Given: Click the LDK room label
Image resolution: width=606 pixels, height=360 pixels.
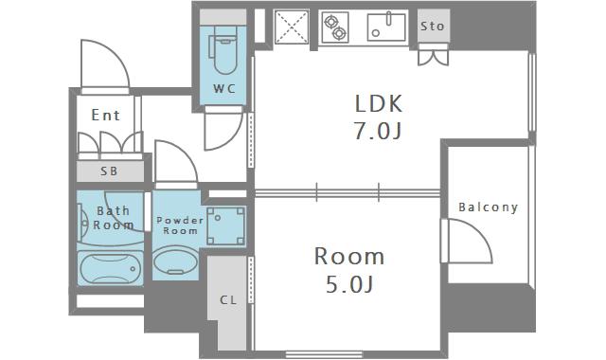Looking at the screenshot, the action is click(x=379, y=103).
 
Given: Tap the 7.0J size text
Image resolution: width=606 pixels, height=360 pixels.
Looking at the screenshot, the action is click(x=378, y=131).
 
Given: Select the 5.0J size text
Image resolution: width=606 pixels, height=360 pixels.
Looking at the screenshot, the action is click(x=349, y=284).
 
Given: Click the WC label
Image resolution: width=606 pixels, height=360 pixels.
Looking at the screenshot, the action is click(x=224, y=88).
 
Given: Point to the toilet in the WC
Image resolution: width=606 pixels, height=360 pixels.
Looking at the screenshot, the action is click(x=223, y=51).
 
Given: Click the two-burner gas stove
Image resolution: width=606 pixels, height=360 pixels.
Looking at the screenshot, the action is click(x=335, y=27).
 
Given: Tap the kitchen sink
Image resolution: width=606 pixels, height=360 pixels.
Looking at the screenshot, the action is click(x=386, y=27).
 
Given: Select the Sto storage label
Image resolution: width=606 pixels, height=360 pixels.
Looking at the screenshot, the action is click(x=433, y=27).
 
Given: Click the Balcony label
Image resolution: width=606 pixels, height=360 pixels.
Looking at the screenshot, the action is click(x=489, y=207).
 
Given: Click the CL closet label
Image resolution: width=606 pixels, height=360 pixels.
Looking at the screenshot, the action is click(x=228, y=299).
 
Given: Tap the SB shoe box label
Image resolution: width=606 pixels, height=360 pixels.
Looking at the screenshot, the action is click(x=109, y=171).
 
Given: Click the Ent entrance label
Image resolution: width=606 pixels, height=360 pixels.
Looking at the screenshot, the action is click(x=105, y=115).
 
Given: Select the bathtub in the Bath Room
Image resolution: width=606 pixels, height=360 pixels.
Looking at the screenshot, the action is click(x=110, y=268).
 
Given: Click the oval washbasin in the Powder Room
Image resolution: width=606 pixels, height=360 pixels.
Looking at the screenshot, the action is click(x=176, y=261).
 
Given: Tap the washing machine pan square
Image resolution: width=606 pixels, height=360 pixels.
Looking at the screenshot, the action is click(x=225, y=225).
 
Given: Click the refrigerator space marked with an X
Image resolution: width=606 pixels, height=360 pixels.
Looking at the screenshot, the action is click(x=292, y=27).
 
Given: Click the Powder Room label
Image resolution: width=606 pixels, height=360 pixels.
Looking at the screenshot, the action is click(x=180, y=225).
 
